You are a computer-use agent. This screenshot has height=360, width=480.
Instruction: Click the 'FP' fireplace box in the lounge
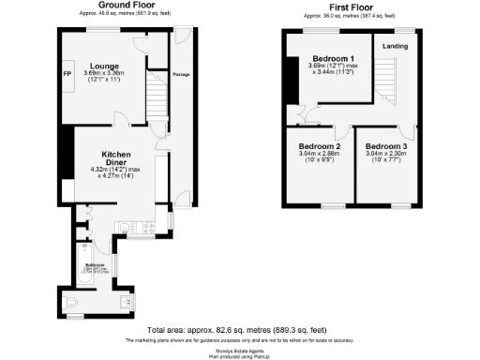coord(67,73)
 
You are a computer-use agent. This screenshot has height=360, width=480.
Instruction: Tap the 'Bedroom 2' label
coord(319,147)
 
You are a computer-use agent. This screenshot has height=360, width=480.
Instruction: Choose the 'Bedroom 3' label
coord(385,147)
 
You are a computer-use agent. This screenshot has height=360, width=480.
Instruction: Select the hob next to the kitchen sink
coord(146,227)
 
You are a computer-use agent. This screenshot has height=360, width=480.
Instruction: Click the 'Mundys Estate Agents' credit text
coord(239,348)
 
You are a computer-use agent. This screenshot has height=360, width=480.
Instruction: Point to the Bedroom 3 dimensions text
coord(385,159)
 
